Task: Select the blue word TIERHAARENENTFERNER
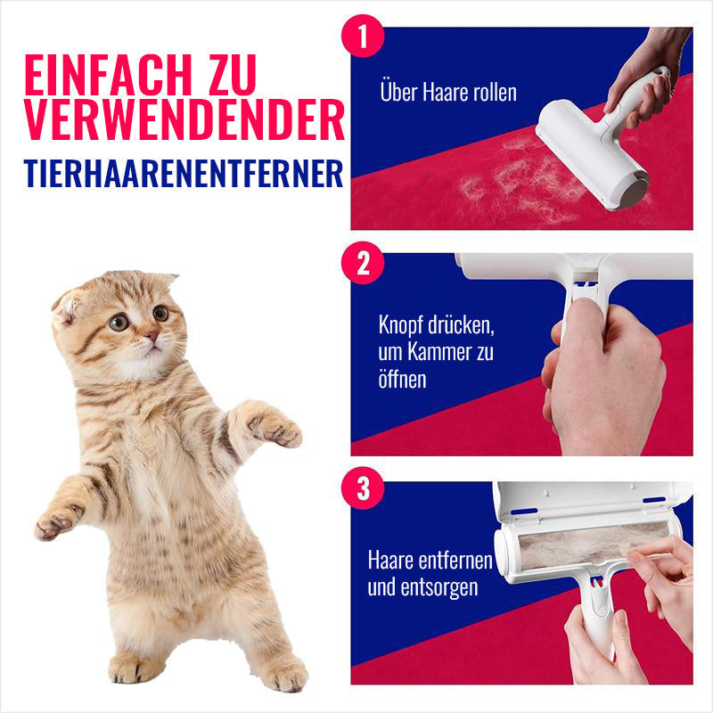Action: tap(184, 172)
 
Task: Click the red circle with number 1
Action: tap(362, 37)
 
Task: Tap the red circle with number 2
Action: tap(362, 262)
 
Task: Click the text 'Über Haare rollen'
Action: tap(447, 92)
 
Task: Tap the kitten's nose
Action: tap(152, 336)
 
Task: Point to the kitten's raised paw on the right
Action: tap(275, 428)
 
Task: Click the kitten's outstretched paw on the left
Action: tap(55, 524)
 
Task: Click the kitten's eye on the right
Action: tap(160, 313)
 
